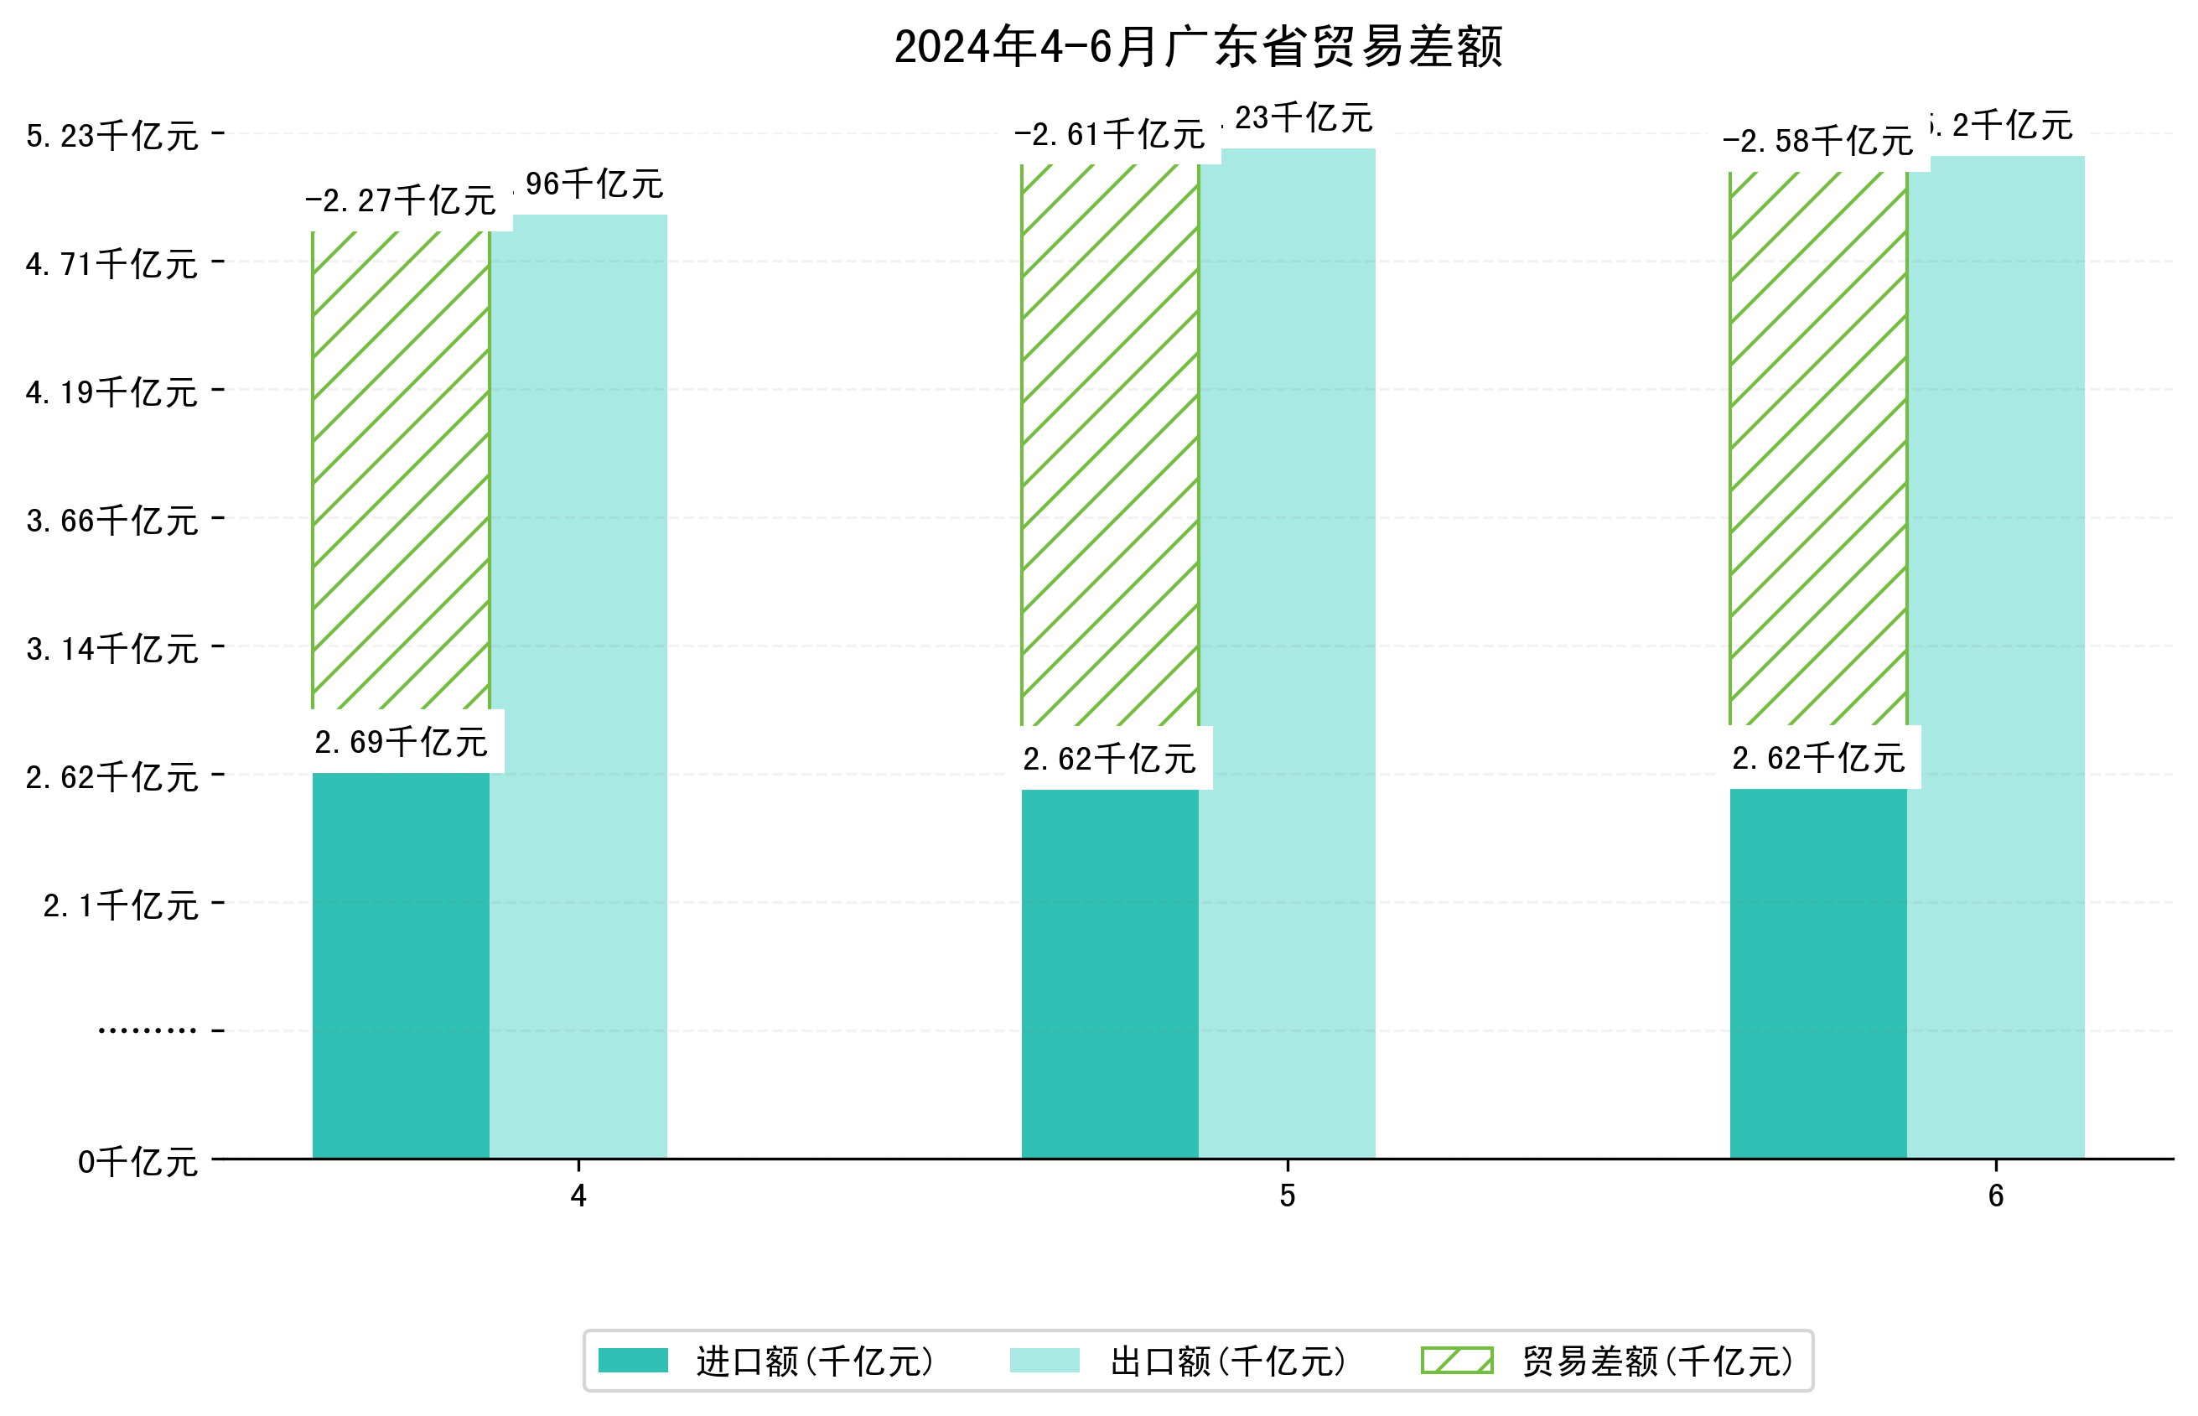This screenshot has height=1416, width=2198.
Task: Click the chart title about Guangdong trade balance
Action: [x=1198, y=47]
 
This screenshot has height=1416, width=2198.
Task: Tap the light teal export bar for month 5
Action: [x=1287, y=653]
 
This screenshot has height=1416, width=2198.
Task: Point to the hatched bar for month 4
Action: [x=401, y=469]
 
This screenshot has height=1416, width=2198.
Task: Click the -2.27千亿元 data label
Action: [x=401, y=200]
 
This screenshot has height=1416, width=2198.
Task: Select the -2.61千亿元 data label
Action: [x=1110, y=135]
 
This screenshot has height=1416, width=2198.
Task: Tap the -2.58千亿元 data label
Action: [x=1817, y=142]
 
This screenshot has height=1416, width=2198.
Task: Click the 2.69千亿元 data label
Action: [x=401, y=742]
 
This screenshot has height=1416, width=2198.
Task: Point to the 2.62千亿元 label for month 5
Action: [x=1110, y=760]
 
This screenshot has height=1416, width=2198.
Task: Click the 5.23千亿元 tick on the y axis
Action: [x=112, y=136]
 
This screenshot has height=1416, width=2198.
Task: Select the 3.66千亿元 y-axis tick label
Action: [x=112, y=521]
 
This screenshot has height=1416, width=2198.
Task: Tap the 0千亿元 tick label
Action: [x=137, y=1162]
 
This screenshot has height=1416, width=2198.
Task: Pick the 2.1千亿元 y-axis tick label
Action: [x=121, y=905]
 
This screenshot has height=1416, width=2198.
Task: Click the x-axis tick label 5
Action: [x=1287, y=1196]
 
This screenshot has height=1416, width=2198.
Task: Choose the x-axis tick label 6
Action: [x=1996, y=1196]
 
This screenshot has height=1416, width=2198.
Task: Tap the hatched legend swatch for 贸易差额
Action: [x=1457, y=1361]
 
